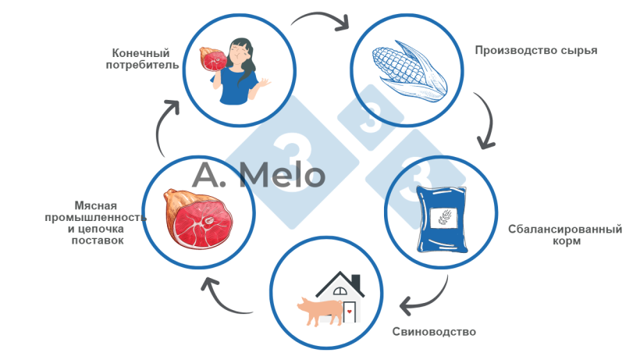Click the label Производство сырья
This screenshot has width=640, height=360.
click(536, 51)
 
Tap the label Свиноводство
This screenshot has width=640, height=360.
click(434, 331)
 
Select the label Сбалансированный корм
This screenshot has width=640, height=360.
click(565, 235)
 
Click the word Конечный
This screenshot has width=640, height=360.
click(140, 53)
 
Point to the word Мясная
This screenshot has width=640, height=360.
click(95, 205)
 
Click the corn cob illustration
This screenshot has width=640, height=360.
click(410, 71)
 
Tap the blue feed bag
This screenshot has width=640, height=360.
click(442, 219)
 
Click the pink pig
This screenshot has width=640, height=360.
click(320, 311)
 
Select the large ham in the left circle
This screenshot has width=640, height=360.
click(198, 219)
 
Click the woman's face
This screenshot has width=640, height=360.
click(238, 52)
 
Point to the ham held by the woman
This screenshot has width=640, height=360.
click(213, 59)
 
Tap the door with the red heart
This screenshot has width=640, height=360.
click(350, 312)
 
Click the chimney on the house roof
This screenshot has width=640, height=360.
click(355, 282)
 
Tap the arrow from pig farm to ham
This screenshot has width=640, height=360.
click(220, 300)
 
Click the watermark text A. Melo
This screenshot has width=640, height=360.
click(258, 176)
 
